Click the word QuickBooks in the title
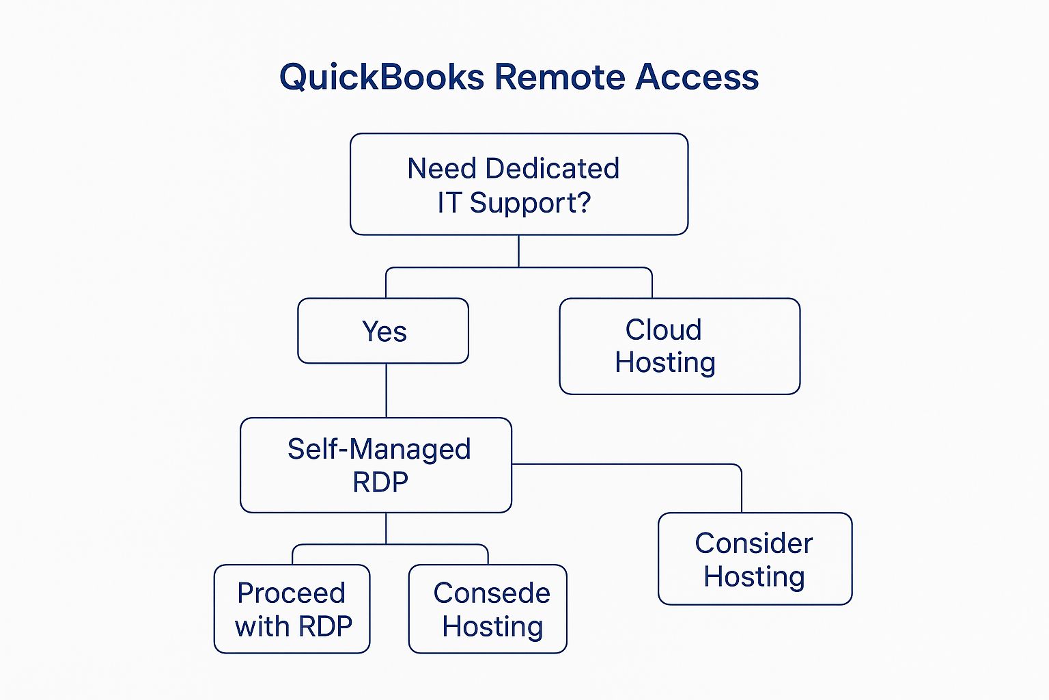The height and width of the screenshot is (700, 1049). [382, 77]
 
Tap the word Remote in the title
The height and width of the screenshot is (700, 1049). [559, 77]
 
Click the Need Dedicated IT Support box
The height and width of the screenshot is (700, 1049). [519, 185]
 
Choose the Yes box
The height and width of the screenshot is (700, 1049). [383, 331]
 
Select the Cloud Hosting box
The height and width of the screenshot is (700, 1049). [680, 346]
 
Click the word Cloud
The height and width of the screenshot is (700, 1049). [663, 330]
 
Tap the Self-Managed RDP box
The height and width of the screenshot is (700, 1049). [376, 466]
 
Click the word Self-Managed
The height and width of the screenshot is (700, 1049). [379, 450]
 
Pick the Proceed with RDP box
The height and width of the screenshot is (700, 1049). [292, 609]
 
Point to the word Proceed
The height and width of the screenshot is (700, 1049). [291, 593]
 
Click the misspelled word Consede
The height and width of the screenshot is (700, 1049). [492, 593]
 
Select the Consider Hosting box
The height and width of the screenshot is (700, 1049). [755, 559]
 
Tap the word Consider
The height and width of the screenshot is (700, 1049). [754, 543]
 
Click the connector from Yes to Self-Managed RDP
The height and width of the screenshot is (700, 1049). [387, 390]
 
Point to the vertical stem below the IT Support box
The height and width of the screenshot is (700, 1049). [519, 251]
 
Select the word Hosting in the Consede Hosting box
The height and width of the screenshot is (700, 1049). [492, 626]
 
